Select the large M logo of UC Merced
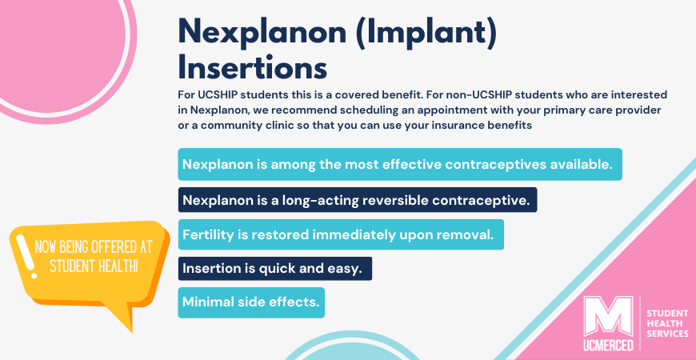coord(608,316)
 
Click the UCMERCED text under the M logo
coord(608,345)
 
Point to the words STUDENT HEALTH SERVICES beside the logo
coord(667,324)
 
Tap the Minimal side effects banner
coord(251,302)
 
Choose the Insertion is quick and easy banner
coord(274,269)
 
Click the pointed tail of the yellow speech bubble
coord(132,330)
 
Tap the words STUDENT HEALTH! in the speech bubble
coord(94,266)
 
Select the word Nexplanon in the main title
coord(262,31)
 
